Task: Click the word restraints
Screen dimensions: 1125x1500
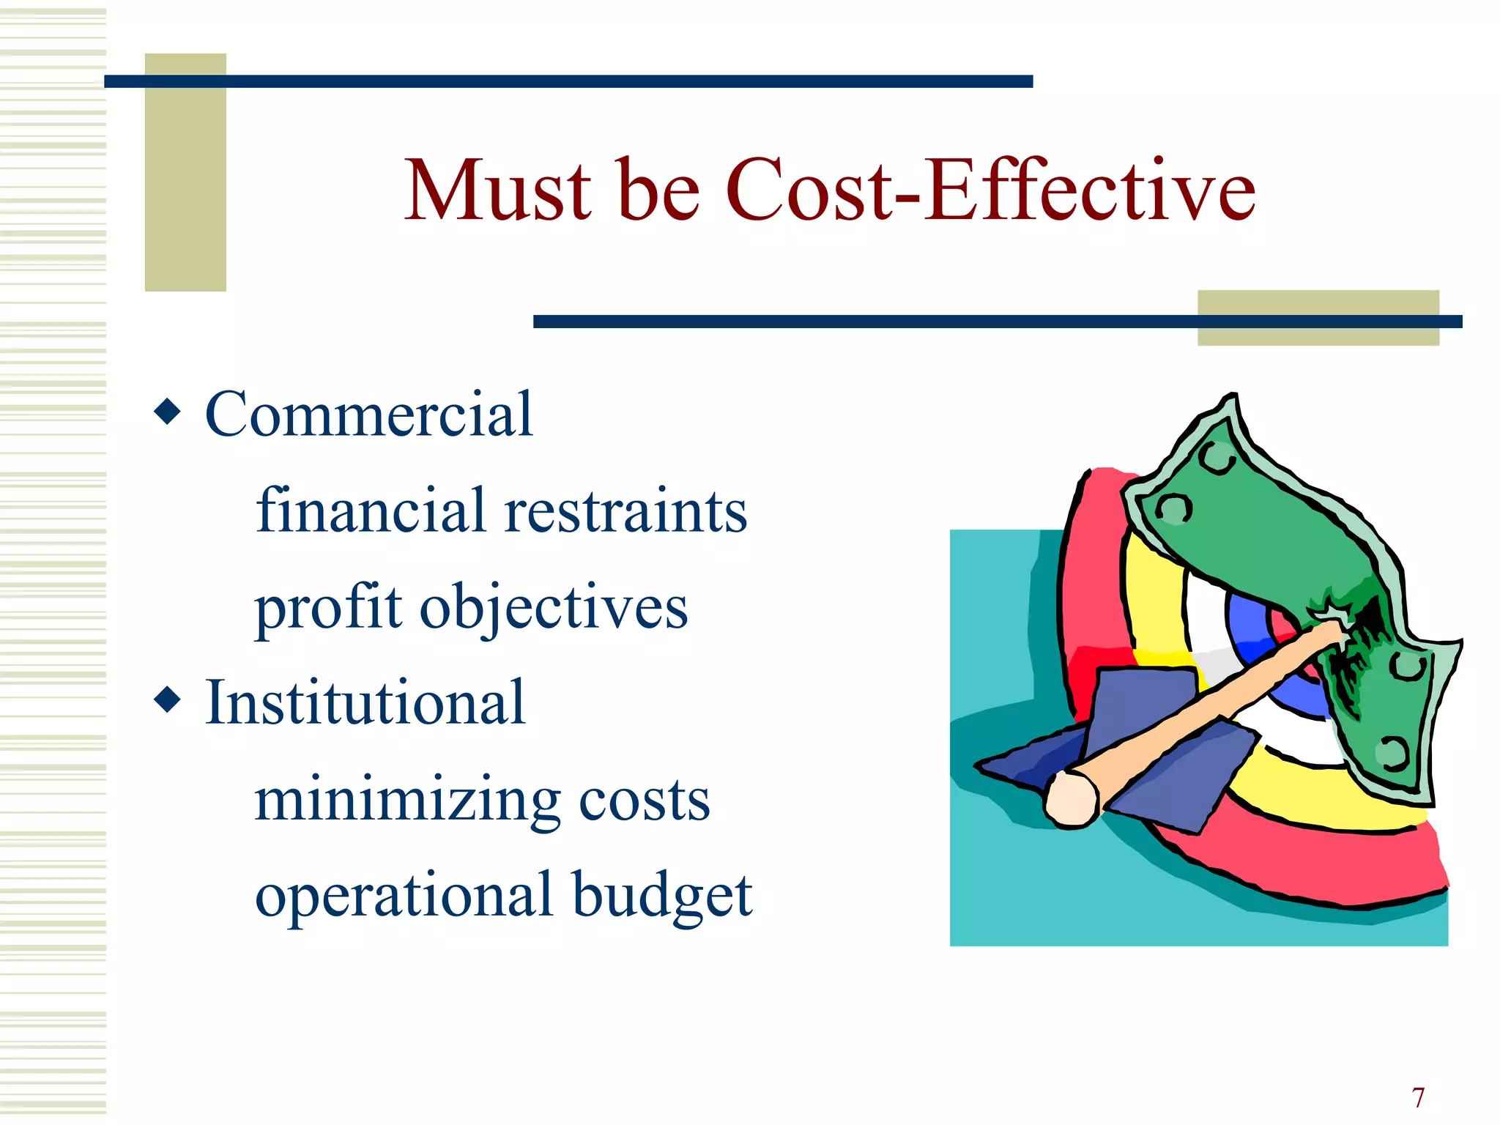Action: point(626,511)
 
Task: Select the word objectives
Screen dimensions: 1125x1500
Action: point(554,608)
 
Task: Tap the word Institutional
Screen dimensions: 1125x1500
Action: point(365,702)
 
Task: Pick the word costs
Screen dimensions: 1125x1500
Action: point(645,801)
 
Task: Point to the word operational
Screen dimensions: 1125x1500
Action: point(404,895)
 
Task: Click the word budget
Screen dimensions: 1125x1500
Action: point(662,895)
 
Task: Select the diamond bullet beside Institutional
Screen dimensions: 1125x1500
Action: point(168,699)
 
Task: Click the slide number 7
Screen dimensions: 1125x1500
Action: point(1419,1098)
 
